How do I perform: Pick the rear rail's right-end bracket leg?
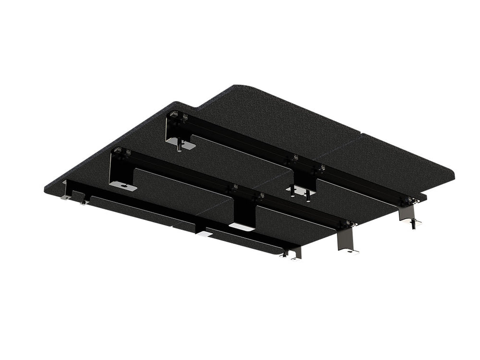coord(407,214)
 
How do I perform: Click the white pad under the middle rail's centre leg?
coord(241,226)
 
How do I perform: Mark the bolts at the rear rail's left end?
coord(177,117)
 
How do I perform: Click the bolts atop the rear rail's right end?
coord(409,200)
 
